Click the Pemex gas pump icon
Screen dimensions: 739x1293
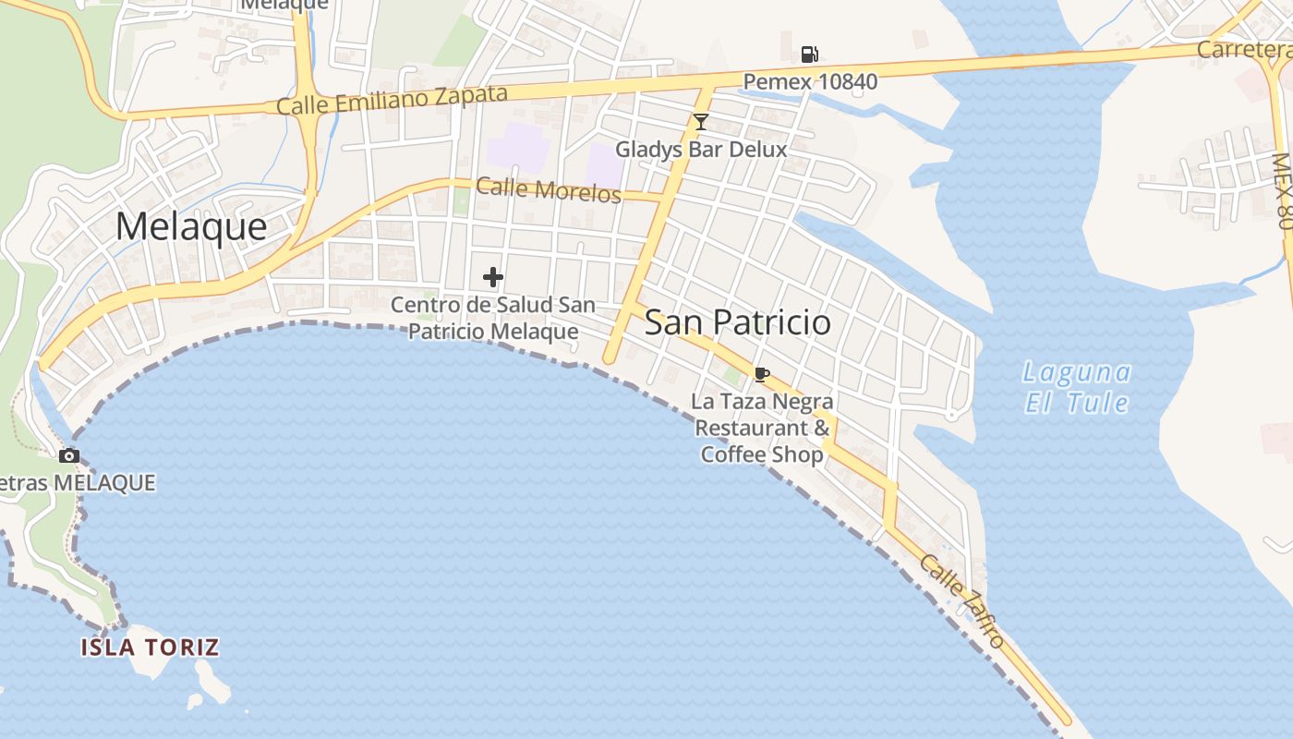(x=809, y=54)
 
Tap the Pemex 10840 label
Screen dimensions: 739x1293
(x=810, y=82)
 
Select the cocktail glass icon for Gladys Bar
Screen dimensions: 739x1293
(x=701, y=121)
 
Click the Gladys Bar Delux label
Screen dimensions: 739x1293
(x=701, y=149)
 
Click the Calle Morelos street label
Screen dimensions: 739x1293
(x=548, y=190)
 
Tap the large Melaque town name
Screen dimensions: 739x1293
(x=191, y=226)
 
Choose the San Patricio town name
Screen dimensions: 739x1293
(x=737, y=322)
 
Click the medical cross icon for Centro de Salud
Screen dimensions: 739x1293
(x=493, y=276)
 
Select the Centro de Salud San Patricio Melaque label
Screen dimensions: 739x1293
(x=493, y=318)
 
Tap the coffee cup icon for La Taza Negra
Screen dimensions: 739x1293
(x=761, y=374)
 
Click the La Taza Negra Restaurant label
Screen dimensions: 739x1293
(x=763, y=428)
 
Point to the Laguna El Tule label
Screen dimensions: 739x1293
(x=1078, y=388)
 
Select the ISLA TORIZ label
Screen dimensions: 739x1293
(x=150, y=647)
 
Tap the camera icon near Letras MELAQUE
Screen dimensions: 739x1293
(x=68, y=455)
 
